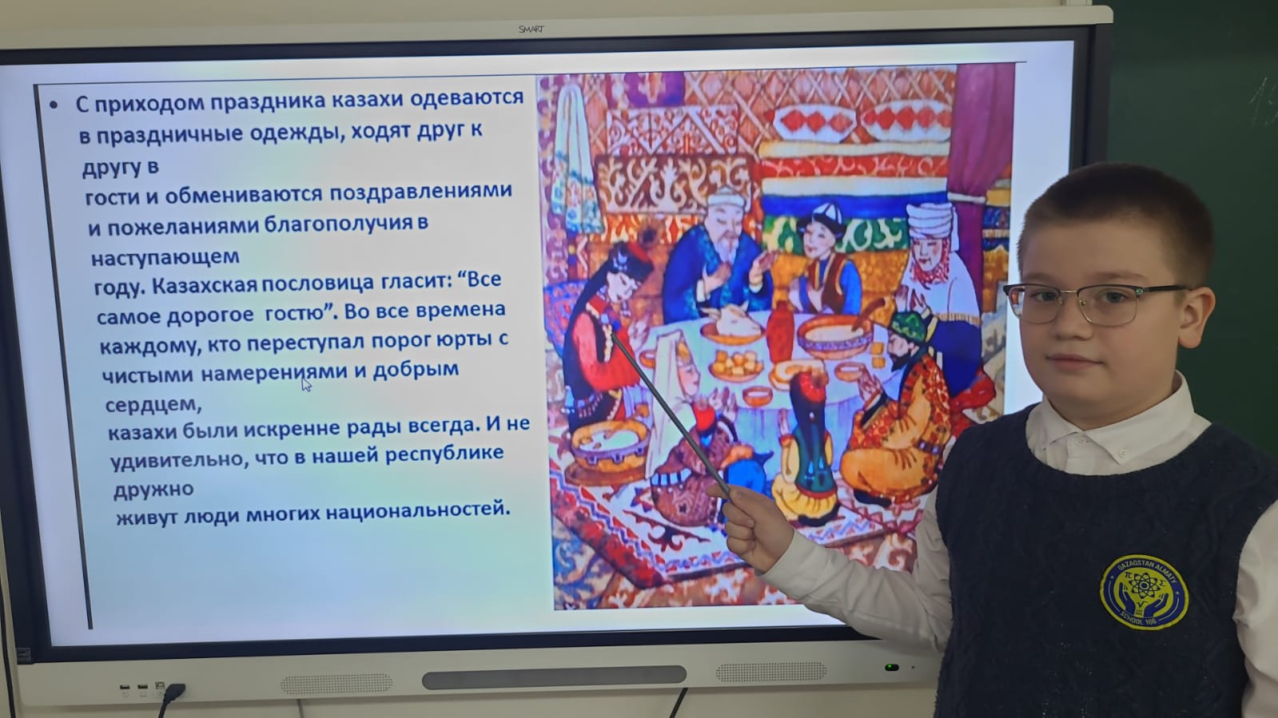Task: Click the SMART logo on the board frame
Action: (531, 29)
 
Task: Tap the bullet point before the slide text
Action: (54, 105)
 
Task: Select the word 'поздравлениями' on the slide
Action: (420, 192)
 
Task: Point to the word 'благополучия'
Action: (339, 224)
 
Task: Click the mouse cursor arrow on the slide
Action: (306, 385)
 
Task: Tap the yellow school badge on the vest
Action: (1144, 591)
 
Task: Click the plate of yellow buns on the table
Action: (736, 365)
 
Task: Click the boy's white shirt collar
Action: (1118, 434)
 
